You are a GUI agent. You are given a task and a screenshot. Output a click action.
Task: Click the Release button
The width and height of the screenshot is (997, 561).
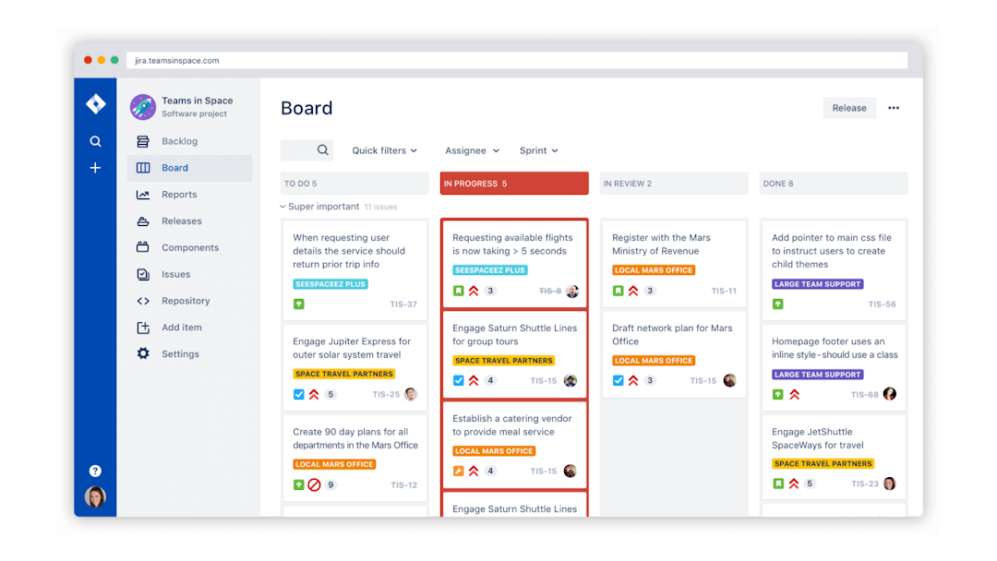(x=848, y=108)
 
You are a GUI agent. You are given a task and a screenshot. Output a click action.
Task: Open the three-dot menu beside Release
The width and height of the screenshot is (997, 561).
(x=893, y=108)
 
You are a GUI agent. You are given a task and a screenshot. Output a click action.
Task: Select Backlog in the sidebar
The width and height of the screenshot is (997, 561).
(x=179, y=141)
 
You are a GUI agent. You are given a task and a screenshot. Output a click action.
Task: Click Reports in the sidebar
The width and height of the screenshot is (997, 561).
(x=178, y=195)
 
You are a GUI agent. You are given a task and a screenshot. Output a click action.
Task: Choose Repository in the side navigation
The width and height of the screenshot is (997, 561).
(x=186, y=301)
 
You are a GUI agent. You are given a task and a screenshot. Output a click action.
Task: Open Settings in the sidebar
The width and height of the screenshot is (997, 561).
(x=180, y=354)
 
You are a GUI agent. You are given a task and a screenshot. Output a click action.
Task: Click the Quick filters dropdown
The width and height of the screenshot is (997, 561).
(x=384, y=150)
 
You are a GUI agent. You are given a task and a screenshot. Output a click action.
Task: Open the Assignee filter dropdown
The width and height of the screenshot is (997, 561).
(x=472, y=150)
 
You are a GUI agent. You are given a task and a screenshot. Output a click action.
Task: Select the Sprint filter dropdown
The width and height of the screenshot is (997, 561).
(x=538, y=150)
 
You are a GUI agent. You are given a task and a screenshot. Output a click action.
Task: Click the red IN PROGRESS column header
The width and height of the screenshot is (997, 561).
(x=513, y=184)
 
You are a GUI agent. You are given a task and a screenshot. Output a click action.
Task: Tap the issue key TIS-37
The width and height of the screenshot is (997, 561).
(x=403, y=304)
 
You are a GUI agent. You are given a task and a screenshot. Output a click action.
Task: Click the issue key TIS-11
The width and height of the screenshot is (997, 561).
(x=724, y=292)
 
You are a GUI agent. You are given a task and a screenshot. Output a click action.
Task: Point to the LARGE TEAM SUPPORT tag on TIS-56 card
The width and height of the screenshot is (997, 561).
(x=817, y=284)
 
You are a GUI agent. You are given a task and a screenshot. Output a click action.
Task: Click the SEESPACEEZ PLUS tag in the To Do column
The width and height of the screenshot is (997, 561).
(x=330, y=284)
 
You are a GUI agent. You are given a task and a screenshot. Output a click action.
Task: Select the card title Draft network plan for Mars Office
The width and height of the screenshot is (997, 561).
(x=671, y=334)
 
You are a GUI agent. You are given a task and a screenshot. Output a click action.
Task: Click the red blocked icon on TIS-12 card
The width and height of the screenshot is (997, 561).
(x=314, y=484)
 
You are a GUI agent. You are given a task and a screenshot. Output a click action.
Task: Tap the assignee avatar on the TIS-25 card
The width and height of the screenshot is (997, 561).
(x=410, y=394)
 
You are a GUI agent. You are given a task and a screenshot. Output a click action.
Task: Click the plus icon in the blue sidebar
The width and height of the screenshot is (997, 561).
(x=95, y=168)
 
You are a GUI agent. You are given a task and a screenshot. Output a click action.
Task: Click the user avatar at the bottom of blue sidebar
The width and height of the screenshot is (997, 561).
(x=95, y=497)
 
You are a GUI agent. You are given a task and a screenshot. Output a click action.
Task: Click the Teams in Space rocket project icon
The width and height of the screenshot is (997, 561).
(x=142, y=107)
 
